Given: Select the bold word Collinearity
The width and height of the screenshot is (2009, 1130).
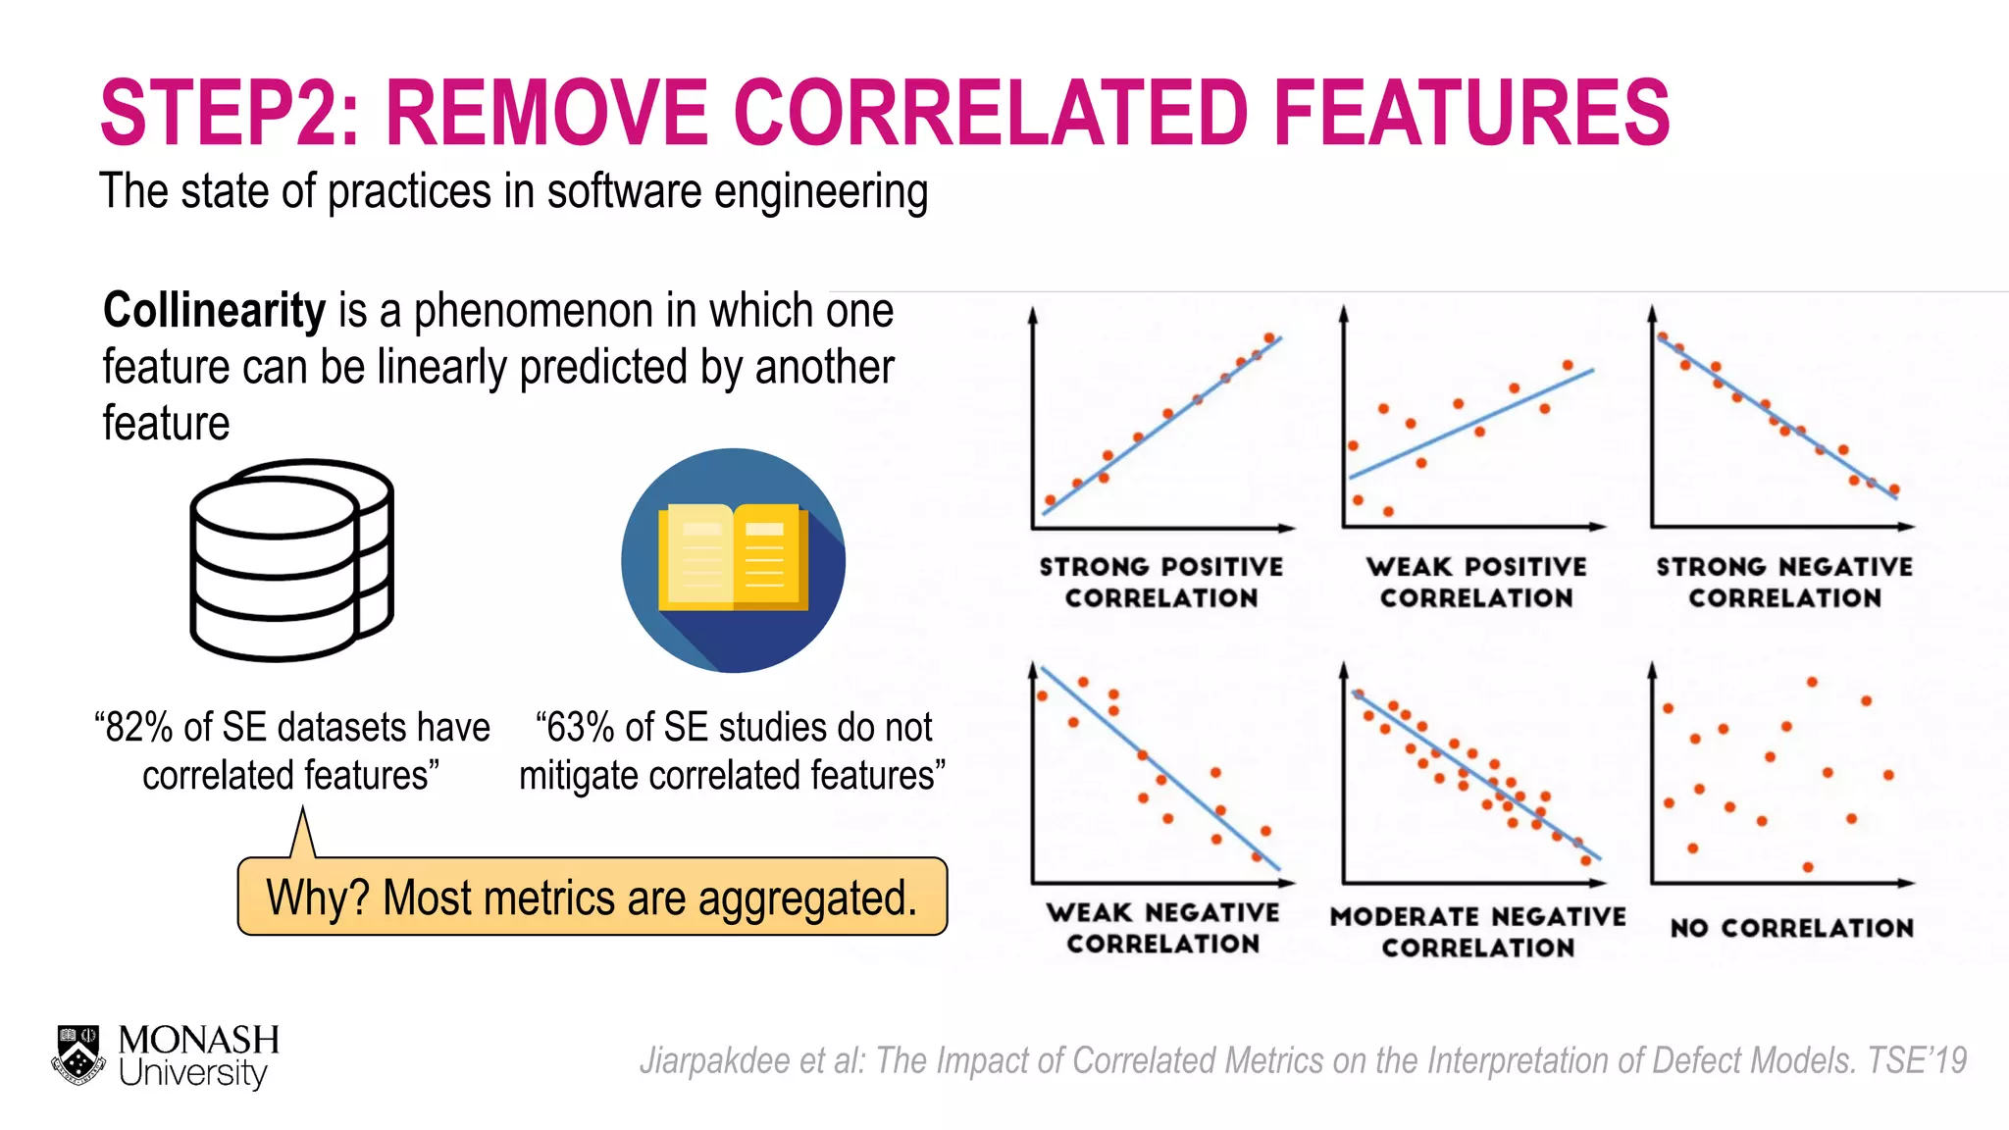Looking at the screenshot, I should (214, 311).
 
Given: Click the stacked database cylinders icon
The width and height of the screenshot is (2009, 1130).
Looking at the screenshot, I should (291, 560).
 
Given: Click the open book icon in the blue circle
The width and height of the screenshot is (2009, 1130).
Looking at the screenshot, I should (733, 560).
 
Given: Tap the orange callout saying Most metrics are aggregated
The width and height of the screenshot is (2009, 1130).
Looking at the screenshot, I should (592, 898).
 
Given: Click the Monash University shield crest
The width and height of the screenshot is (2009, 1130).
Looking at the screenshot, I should (78, 1055).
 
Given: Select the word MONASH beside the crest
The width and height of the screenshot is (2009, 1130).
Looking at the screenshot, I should (198, 1040).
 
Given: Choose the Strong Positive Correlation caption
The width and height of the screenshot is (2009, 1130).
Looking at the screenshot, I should (1161, 582).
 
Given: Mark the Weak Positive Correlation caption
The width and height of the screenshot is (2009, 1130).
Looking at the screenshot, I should (1476, 582).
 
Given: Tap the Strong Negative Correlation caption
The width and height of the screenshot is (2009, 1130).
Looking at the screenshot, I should (1784, 582).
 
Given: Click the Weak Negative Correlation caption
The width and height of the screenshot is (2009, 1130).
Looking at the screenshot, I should (1162, 928).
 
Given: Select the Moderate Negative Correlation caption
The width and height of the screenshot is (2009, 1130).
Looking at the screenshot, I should (1477, 931).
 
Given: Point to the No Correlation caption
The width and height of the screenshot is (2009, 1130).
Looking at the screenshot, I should (1791, 928).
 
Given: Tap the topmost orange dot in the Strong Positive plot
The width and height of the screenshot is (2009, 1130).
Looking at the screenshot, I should (1269, 337).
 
